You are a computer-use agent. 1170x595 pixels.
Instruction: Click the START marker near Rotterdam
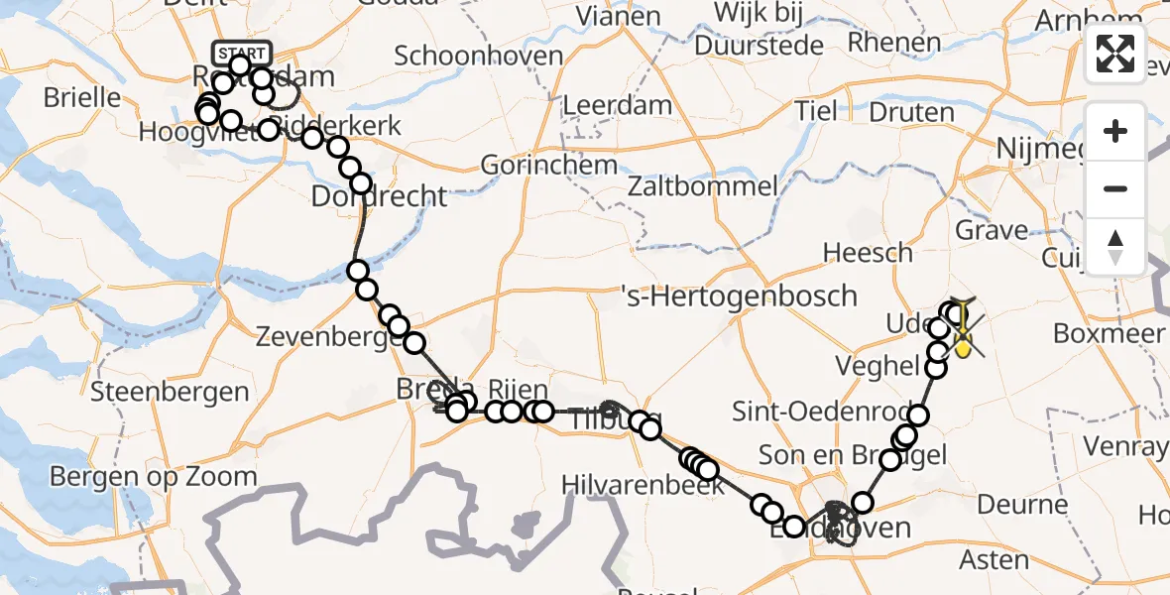tap(240, 53)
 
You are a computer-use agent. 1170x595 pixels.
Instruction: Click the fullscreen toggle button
tap(1115, 54)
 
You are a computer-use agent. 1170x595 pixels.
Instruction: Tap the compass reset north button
tap(1115, 247)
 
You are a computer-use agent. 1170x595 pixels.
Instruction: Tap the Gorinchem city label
tap(549, 165)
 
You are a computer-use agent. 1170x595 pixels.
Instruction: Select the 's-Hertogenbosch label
tap(738, 295)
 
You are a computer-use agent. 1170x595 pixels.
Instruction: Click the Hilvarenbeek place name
tap(643, 484)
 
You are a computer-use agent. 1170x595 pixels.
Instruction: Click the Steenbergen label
tap(170, 392)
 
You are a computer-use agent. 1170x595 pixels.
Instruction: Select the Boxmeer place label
tap(1109, 333)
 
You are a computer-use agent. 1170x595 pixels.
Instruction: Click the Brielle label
tap(82, 98)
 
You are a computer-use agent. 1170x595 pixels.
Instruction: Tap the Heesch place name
tap(869, 253)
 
